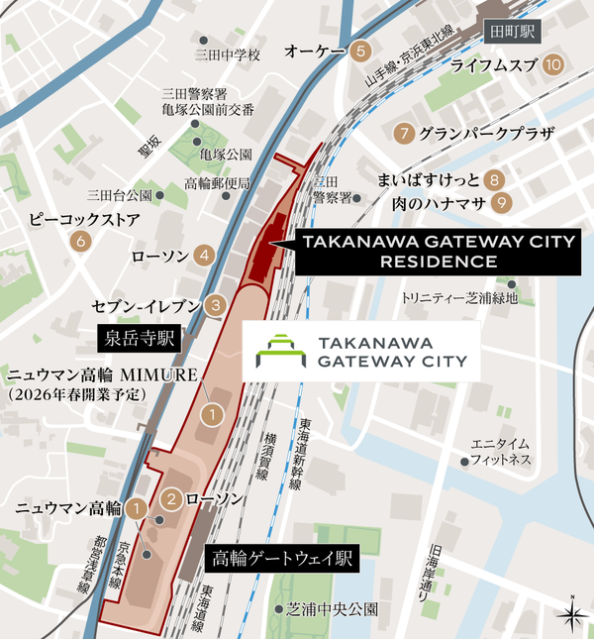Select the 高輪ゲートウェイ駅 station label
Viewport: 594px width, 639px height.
coord(282,558)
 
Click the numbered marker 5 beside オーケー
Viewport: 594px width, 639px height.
coord(361,51)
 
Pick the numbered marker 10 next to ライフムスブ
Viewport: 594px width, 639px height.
coord(553,65)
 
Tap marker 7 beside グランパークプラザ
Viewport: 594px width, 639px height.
coord(403,133)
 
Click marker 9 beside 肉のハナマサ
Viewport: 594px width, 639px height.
coord(503,203)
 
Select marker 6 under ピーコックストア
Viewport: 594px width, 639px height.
coord(79,241)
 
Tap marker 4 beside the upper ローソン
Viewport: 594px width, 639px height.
coord(204,256)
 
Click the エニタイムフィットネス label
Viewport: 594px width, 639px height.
coord(502,452)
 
